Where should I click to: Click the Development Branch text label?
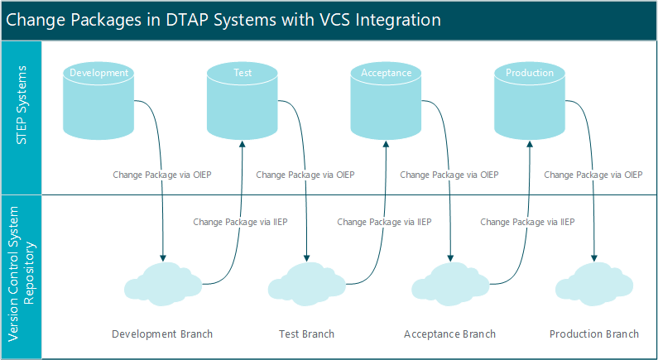pos(162,334)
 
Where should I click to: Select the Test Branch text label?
pos(306,334)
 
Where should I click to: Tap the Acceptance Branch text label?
pos(449,334)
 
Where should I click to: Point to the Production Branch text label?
pos(593,334)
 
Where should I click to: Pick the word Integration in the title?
pos(396,20)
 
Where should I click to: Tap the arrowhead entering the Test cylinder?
pos(242,143)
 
